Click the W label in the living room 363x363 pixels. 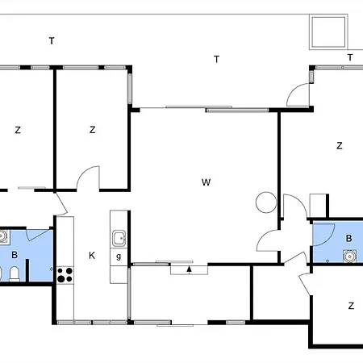coord(206,182)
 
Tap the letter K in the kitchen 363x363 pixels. coord(92,256)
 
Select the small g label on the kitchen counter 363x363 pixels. coord(119,257)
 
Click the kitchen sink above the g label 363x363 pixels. coord(119,237)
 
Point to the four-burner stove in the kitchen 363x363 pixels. coord(65,275)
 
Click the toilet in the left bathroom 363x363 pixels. coord(3,276)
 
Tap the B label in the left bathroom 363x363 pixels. coord(15,256)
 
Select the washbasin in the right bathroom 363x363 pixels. coord(349,257)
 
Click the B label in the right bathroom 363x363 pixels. coord(348,239)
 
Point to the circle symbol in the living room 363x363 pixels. coord(265,202)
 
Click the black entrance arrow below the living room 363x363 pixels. coord(190,269)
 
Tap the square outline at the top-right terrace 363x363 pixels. coord(328,33)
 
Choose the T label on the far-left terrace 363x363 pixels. coord(51,40)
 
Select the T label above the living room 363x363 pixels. coord(216,58)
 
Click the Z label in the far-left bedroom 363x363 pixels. coord(17,129)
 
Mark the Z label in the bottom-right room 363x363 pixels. coord(351,307)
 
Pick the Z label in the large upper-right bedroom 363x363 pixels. coord(340,146)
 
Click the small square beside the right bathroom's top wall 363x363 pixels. coord(317,204)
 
